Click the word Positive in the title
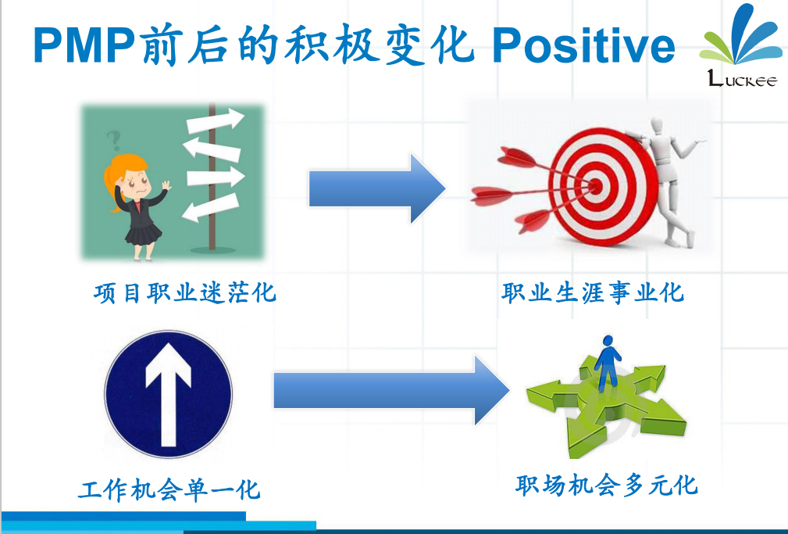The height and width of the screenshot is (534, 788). [x=583, y=45]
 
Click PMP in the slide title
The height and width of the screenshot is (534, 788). [x=84, y=45]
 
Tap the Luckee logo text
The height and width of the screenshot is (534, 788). [x=742, y=79]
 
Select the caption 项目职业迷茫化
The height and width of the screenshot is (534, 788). [x=185, y=292]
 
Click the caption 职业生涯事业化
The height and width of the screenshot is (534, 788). [x=593, y=292]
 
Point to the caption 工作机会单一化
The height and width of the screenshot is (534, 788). [x=169, y=489]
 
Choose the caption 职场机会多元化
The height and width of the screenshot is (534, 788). [x=607, y=485]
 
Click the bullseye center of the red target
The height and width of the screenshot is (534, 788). [x=596, y=187]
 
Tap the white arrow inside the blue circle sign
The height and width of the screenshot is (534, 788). [x=169, y=395]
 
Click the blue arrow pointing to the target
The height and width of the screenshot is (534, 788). [x=377, y=188]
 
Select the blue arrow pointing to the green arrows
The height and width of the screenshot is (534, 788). [x=392, y=390]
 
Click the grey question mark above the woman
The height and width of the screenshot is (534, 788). [x=114, y=141]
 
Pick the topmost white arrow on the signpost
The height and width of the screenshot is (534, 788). [x=215, y=121]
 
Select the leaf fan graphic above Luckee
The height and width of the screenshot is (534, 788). [x=741, y=36]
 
